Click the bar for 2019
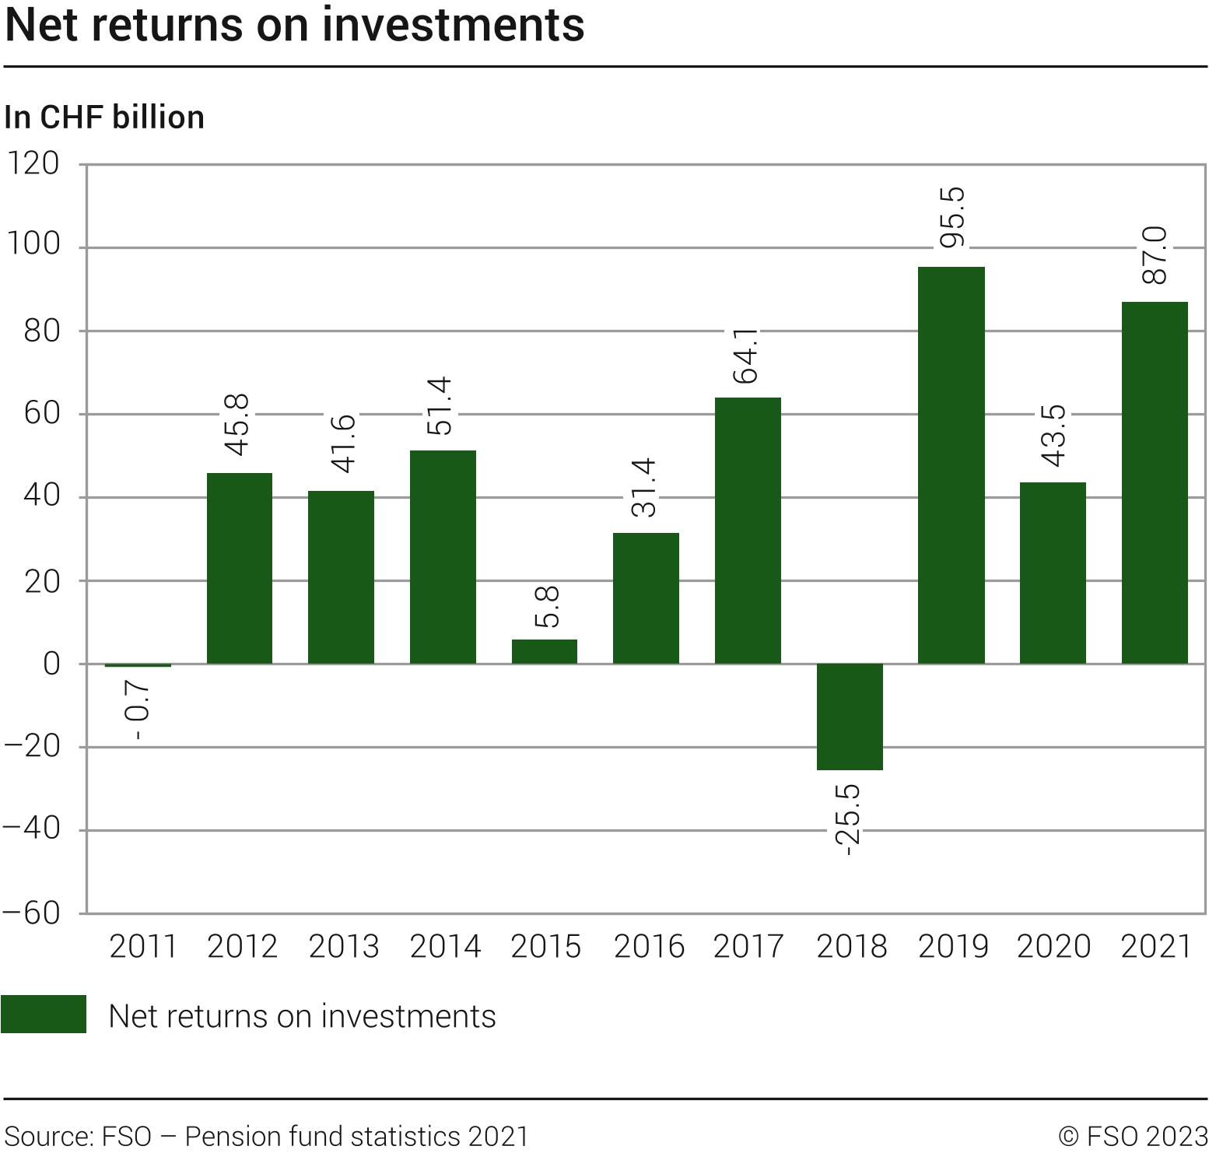[951, 465]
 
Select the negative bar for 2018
[850, 717]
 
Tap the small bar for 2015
[545, 651]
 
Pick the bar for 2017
[748, 531]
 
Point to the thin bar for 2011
[138, 665]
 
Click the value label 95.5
[951, 218]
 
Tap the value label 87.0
[1155, 255]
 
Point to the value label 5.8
[547, 607]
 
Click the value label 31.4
[645, 488]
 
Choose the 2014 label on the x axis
[445, 947]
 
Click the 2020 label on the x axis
[1053, 947]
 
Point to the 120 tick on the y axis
[33, 164]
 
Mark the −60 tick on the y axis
[32, 913]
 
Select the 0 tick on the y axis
[51, 664]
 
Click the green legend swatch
[44, 1015]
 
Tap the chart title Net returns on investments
[295, 25]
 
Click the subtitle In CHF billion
[104, 117]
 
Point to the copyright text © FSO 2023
[1133, 1136]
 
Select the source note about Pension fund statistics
[267, 1136]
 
